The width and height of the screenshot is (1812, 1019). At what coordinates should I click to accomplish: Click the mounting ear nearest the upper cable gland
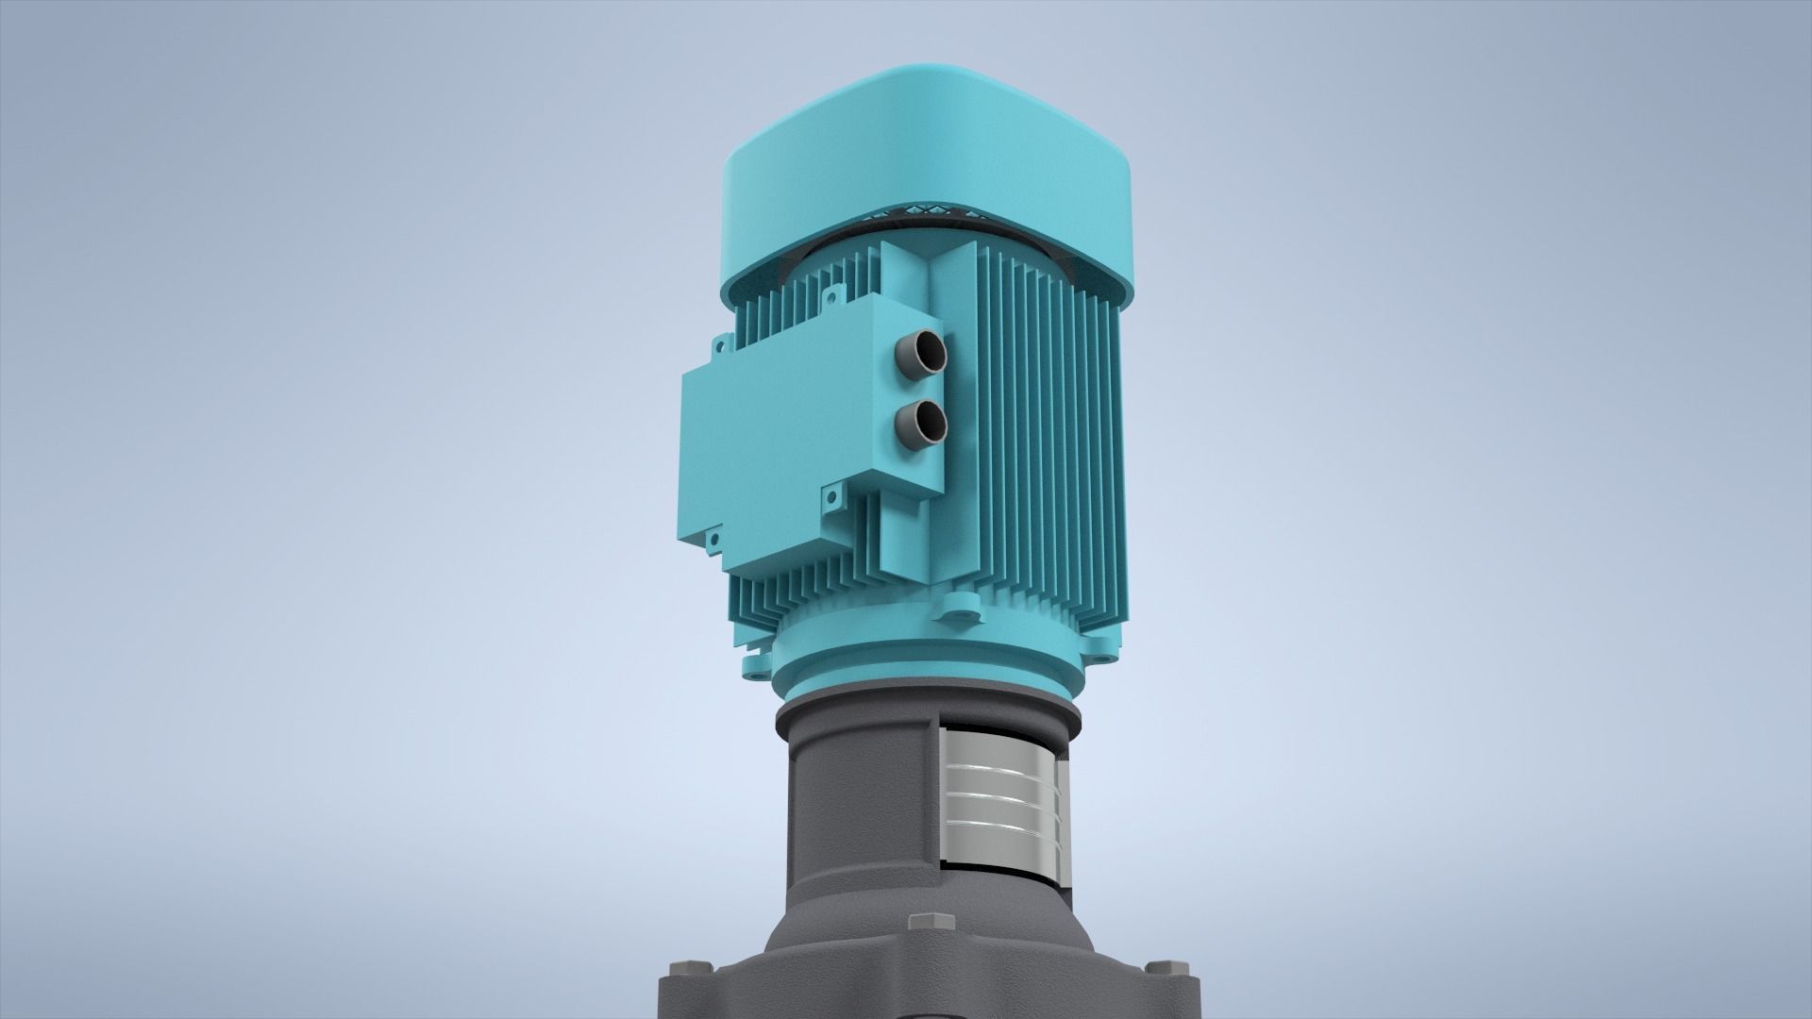832,299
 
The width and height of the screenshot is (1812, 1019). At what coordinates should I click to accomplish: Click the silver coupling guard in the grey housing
1000,793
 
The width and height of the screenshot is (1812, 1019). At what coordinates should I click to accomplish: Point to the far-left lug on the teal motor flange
755,665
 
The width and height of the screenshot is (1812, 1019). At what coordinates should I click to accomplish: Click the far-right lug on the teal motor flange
1102,651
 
